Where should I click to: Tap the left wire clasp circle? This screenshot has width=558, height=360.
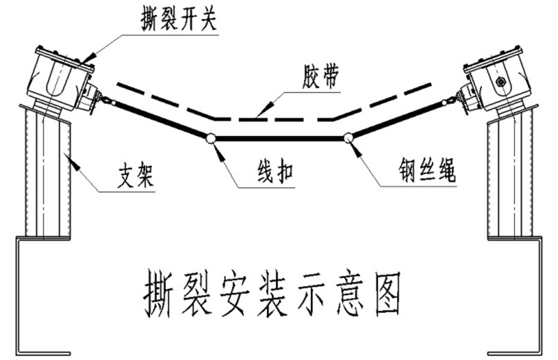[x=210, y=138]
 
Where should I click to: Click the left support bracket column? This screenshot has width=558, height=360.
[x=45, y=174]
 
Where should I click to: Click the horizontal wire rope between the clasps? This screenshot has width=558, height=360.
[x=279, y=138]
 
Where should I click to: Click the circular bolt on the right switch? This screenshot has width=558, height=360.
[x=500, y=82]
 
